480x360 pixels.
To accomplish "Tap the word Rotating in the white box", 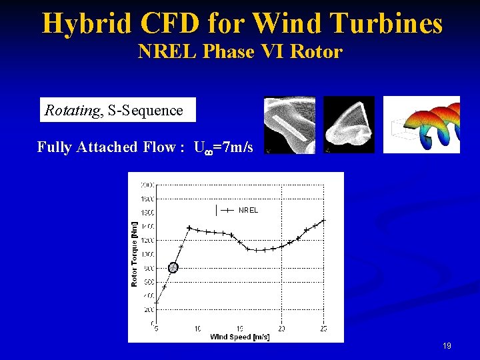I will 71,111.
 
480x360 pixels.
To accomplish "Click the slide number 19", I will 447,346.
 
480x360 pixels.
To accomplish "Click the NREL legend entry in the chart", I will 247,210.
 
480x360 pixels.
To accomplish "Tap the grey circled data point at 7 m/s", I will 173,267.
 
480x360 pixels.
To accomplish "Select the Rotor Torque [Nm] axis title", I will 135,254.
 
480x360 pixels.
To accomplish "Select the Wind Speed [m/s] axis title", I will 240,337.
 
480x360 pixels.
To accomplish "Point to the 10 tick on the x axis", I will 198,329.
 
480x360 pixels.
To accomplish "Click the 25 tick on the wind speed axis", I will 323,329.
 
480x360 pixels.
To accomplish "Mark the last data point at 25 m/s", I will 323,220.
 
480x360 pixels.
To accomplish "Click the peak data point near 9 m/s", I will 189,228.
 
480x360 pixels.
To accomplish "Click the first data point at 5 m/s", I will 157,303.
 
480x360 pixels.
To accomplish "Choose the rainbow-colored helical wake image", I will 421,125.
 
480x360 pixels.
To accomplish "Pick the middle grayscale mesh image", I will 349,125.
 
